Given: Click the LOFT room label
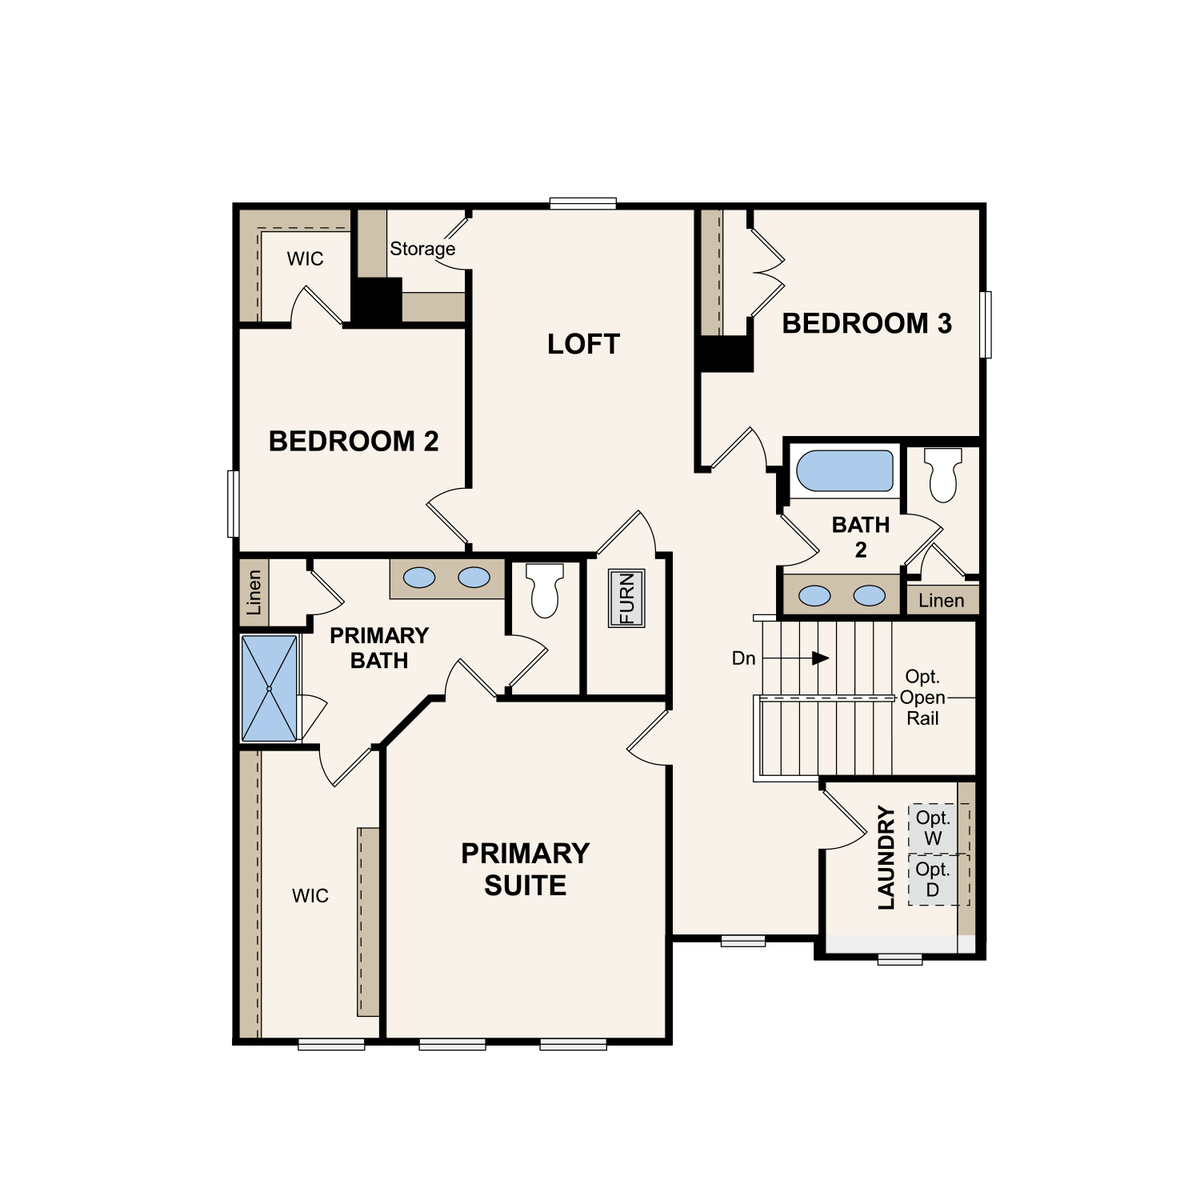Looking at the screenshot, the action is pyautogui.click(x=583, y=344).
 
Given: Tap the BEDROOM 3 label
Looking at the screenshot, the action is pyautogui.click(x=867, y=323).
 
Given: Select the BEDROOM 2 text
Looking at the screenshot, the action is pyautogui.click(x=354, y=441).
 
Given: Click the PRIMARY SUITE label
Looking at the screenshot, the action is pyautogui.click(x=526, y=869).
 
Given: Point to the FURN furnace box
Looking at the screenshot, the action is pyautogui.click(x=626, y=598).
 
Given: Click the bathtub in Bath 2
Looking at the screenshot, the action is pyautogui.click(x=845, y=470).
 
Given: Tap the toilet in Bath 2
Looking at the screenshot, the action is pyautogui.click(x=943, y=474).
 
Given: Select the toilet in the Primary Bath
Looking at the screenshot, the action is pyautogui.click(x=546, y=590).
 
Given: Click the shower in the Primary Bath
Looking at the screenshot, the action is pyautogui.click(x=270, y=688).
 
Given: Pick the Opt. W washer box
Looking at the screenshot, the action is pyautogui.click(x=933, y=828).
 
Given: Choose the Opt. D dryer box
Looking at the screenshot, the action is pyautogui.click(x=933, y=880).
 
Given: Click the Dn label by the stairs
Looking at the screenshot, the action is pyautogui.click(x=744, y=658).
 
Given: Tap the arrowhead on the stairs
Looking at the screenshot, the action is pyautogui.click(x=821, y=658).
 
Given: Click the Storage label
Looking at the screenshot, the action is pyautogui.click(x=422, y=249).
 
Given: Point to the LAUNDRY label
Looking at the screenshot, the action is pyautogui.click(x=886, y=857).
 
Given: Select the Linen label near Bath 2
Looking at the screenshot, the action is pyautogui.click(x=942, y=600).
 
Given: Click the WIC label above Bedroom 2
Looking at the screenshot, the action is pyautogui.click(x=306, y=258).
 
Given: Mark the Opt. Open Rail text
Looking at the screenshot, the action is pyautogui.click(x=922, y=698).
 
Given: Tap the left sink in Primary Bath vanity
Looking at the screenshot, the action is pyautogui.click(x=419, y=578).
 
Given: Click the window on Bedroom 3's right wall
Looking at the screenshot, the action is pyautogui.click(x=986, y=324).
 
